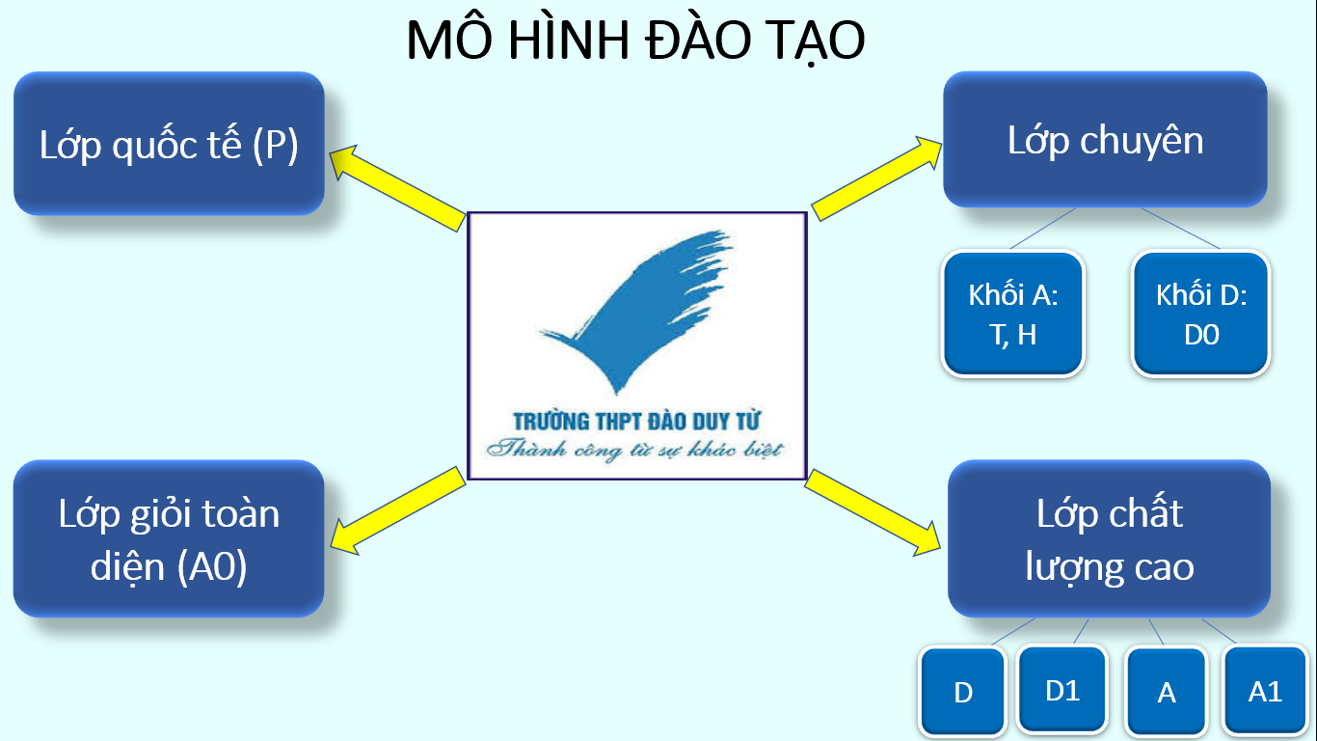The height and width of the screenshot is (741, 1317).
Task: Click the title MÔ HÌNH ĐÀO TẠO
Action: click(635, 40)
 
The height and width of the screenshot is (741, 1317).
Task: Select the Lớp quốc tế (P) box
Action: click(169, 144)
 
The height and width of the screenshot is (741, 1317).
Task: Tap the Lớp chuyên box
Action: click(1105, 140)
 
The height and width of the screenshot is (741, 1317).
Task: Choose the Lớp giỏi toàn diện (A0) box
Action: click(169, 538)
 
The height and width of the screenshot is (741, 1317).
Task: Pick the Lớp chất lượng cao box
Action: click(1109, 538)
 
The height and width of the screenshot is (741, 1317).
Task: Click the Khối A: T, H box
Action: click(1012, 314)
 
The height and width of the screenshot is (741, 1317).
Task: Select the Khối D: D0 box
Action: click(1201, 314)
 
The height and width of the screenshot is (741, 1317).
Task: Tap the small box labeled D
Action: click(962, 692)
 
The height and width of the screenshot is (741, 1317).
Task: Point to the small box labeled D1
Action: click(1062, 690)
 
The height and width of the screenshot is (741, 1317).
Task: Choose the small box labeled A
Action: click(1166, 692)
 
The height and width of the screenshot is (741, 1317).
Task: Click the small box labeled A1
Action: click(1265, 691)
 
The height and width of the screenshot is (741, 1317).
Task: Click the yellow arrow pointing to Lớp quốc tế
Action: click(397, 187)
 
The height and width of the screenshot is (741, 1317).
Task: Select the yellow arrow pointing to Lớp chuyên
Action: click(876, 178)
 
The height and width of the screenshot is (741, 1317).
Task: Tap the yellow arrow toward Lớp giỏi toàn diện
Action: click(398, 510)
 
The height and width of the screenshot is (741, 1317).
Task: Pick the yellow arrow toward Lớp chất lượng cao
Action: click(873, 512)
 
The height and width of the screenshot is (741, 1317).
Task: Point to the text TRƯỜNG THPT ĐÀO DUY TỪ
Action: click(636, 422)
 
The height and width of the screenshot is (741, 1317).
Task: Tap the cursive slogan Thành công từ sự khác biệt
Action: click(635, 450)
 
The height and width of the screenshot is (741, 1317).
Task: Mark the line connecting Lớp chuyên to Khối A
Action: click(1043, 228)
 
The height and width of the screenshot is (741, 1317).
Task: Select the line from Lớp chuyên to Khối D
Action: click(1180, 228)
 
